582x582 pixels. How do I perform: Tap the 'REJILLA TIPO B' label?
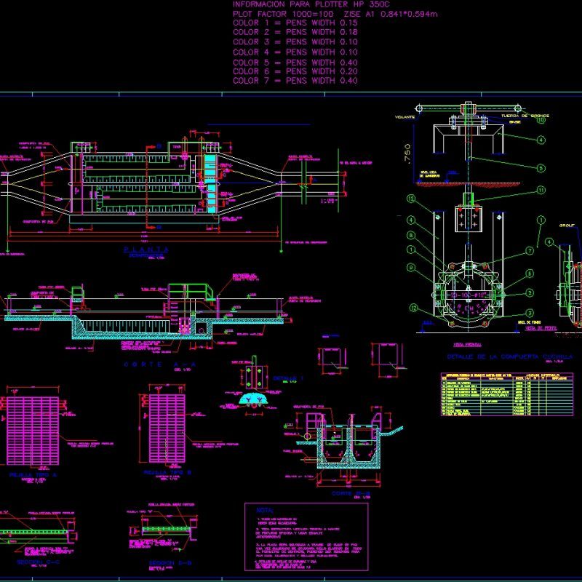167,472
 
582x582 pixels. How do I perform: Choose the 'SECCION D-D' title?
170,562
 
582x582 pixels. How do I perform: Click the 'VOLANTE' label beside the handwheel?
405,116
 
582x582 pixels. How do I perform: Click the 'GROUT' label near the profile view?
567,226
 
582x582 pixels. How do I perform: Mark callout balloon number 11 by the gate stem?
541,191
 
